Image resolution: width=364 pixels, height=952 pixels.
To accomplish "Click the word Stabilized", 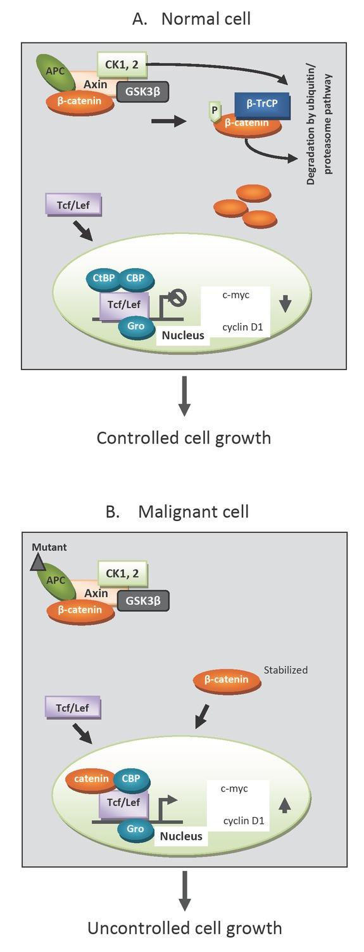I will pyautogui.click(x=286, y=669).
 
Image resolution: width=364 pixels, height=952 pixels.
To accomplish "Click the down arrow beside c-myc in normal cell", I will pyautogui.click(x=284, y=305).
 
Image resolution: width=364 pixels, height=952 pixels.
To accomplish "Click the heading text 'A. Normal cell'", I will pyautogui.click(x=191, y=19).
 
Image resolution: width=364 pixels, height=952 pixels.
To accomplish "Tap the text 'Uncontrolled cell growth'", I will pyautogui.click(x=184, y=928).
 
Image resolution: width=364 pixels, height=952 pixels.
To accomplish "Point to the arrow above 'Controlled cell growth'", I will pyautogui.click(x=184, y=397).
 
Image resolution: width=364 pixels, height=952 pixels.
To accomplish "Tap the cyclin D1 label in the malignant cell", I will pyautogui.click(x=243, y=821).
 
